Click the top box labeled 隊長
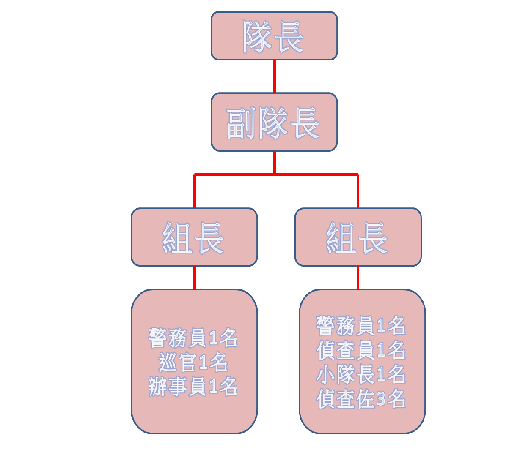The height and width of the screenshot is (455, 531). tap(274, 35)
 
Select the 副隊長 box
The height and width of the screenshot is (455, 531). tap(274, 122)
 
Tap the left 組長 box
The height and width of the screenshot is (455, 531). tap(194, 237)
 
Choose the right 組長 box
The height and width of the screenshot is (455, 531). tap(358, 237)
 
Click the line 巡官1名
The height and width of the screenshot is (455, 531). tap(193, 362)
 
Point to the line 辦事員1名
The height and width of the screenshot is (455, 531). tap(193, 387)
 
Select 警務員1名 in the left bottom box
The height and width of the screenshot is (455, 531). tap(193, 338)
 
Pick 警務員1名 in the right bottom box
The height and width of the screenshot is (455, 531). tap(361, 325)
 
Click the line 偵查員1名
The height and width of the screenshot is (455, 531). tap(361, 350)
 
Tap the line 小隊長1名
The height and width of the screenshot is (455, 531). tap(361, 374)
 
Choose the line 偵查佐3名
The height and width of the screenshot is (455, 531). tap(361, 398)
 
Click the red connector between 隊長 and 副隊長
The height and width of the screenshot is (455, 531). tap(274, 76)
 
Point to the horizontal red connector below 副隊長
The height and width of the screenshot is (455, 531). tap(276, 174)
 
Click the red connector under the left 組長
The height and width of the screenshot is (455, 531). tap(194, 278)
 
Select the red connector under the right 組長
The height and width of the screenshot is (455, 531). tap(358, 278)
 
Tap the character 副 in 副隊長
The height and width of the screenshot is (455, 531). tap(241, 123)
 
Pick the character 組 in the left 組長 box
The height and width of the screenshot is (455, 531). tap(178, 238)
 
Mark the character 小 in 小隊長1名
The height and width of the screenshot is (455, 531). tap(325, 374)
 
